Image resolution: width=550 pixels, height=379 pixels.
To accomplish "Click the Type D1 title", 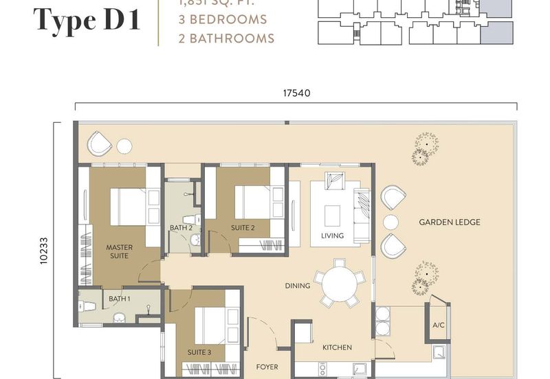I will coord(87,21).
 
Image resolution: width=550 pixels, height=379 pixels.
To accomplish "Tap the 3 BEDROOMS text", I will coord(217,19).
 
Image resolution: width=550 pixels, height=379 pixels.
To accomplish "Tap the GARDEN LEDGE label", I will coord(450,222).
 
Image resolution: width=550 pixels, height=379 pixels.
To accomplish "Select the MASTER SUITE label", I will coord(119,251).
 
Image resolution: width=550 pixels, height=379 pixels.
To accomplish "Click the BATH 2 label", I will coord(181,227).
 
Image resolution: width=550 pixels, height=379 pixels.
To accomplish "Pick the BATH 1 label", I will coord(119,299).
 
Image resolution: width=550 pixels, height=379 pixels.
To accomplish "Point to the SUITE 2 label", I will coord(243,227).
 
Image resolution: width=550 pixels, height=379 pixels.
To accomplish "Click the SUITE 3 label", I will coord(199,352).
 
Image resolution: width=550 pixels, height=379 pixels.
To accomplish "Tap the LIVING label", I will coord(332,236).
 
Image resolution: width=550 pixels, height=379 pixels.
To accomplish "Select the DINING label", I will coord(298,286).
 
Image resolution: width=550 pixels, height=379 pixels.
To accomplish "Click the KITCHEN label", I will coord(337,347).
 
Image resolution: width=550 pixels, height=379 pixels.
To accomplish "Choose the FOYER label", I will coord(267,367).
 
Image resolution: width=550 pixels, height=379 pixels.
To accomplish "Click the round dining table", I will coord(340,282).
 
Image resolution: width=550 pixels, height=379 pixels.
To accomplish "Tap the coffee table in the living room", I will coord(332,214).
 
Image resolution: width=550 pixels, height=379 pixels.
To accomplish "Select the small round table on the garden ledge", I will coord(390,222).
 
